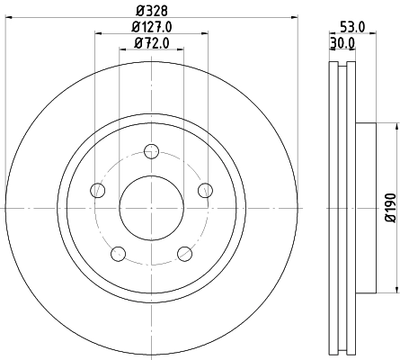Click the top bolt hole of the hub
click(x=151, y=150)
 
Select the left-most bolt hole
click(x=96, y=189)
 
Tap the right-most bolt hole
click(x=205, y=189)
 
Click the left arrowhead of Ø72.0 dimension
click(x=122, y=51)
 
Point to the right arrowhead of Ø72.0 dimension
click(x=181, y=51)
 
